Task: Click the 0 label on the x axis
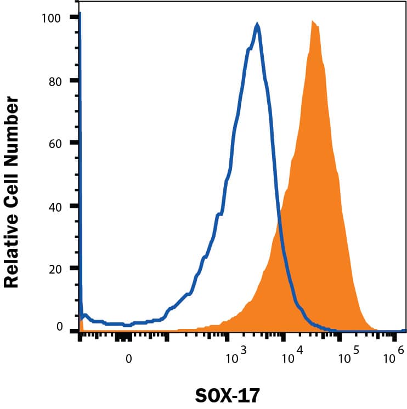(129, 360)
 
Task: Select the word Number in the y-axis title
(12, 123)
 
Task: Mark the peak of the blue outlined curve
(257, 24)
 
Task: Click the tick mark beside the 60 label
(73, 143)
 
